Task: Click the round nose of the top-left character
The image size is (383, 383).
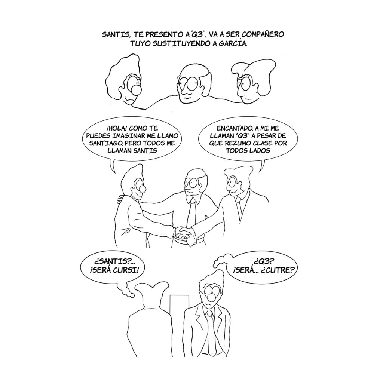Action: (x=136, y=90)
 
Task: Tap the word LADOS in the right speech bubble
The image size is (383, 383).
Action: (x=260, y=150)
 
